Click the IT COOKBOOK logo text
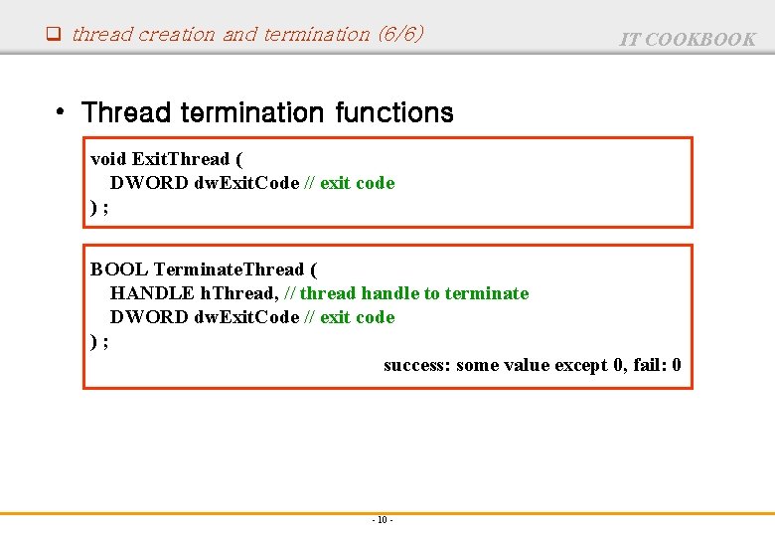[688, 40]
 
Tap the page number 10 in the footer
[383, 520]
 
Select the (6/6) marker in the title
[400, 34]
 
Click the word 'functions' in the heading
[394, 113]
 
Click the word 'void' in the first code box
[108, 159]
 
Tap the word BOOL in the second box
[119, 269]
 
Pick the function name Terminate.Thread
[229, 269]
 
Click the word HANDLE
[152, 293]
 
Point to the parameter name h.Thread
[239, 293]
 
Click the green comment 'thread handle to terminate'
[414, 293]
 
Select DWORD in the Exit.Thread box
[150, 183]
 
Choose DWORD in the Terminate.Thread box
[150, 317]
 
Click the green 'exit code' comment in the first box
[357, 183]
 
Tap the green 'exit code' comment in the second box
[357, 317]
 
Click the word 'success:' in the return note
[417, 365]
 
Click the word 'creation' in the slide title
[177, 34]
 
